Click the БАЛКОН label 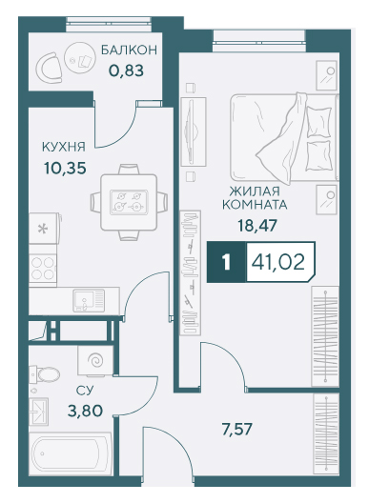tap(129, 50)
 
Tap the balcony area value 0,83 tap(126, 70)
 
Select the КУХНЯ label tap(64, 147)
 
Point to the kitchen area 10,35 tap(65, 168)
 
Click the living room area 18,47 tap(256, 225)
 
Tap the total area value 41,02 tap(278, 262)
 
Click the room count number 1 tap(226, 262)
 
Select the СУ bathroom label tap(85, 391)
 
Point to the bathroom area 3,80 tap(85, 410)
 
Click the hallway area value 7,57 tap(237, 429)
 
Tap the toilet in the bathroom tap(45, 373)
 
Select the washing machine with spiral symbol tap(95, 360)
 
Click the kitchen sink tap(89, 300)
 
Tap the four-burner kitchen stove tap(43, 269)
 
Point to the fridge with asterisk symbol tap(44, 228)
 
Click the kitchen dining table tap(129, 202)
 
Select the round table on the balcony tap(80, 58)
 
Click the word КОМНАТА tap(255, 204)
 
